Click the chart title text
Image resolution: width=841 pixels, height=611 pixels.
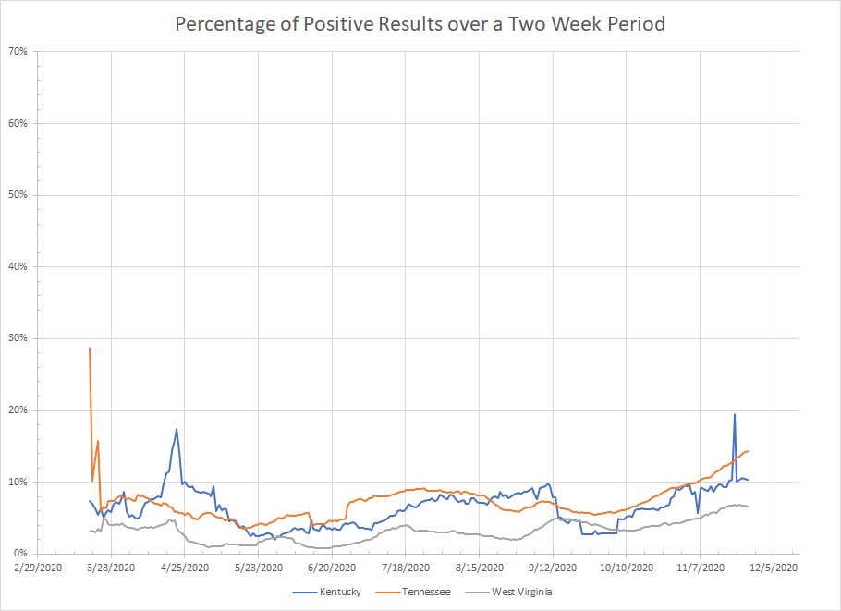[x=420, y=25]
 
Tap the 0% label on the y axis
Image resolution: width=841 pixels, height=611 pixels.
[x=21, y=554]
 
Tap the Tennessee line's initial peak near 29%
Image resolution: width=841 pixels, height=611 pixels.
[x=90, y=348]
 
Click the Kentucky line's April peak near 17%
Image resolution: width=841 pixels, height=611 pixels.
[x=177, y=429]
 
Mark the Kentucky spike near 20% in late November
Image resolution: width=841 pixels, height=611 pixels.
[x=735, y=414]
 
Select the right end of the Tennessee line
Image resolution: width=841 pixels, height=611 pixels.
[x=747, y=451]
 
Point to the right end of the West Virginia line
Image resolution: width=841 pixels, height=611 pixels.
[x=747, y=507]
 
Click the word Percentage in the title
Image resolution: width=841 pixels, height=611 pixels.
[x=221, y=25]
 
